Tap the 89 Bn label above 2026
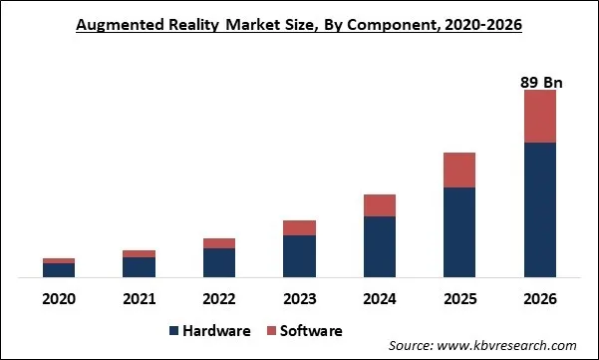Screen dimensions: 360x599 click(x=539, y=83)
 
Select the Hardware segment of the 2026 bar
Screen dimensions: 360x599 click(x=539, y=209)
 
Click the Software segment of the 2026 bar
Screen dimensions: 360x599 click(x=539, y=117)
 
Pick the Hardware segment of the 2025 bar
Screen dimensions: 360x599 click(x=459, y=231)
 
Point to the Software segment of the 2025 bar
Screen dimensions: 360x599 click(x=459, y=171)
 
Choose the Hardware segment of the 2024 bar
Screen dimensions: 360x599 click(x=379, y=246)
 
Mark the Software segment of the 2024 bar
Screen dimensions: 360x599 click(x=379, y=205)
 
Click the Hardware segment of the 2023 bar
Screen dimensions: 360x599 click(x=299, y=256)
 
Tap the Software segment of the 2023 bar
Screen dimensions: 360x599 click(x=299, y=228)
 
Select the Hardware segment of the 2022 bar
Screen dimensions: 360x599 click(x=219, y=262)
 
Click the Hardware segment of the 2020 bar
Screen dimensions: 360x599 click(x=59, y=269)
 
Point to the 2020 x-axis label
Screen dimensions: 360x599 click(x=59, y=298)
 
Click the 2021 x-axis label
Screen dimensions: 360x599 click(x=139, y=298)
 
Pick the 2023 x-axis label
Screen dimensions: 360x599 click(x=299, y=298)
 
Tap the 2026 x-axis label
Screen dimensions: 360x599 click(x=539, y=298)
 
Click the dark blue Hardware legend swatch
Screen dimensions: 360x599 click(x=175, y=330)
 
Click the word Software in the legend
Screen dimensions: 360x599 click(x=313, y=330)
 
